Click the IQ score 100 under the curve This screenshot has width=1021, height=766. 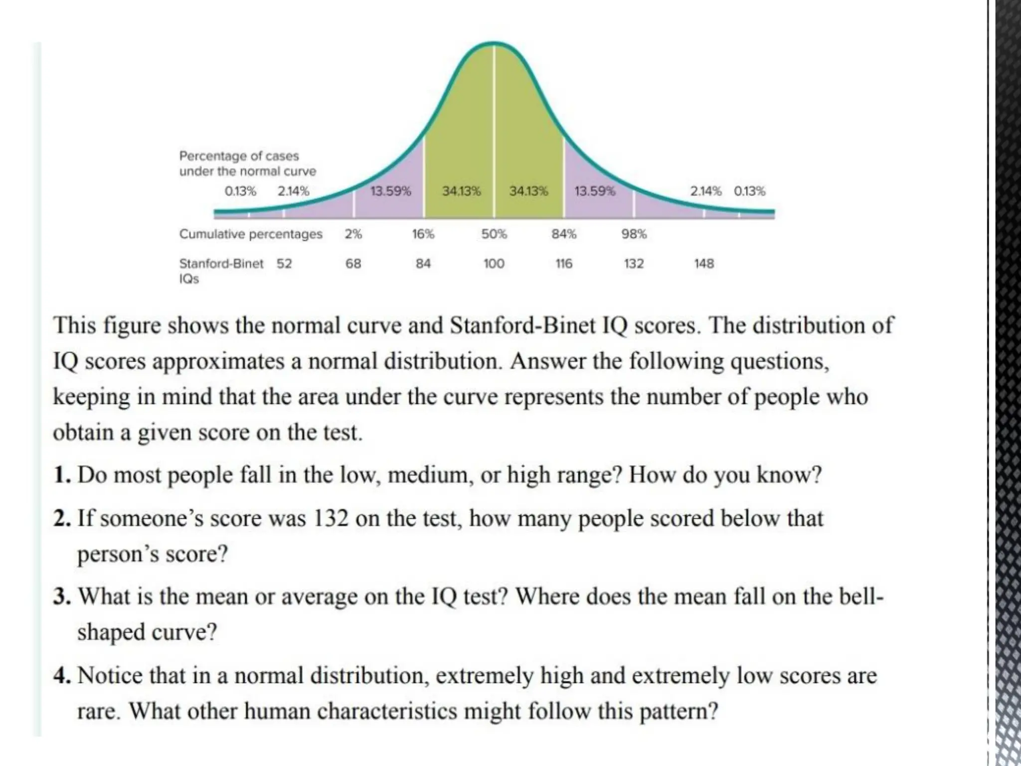494,263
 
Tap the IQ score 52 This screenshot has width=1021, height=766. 284,263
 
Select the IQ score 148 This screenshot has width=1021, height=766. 704,263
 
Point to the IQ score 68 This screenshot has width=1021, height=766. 353,263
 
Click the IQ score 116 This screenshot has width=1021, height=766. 564,263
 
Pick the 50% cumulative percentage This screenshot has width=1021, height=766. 494,234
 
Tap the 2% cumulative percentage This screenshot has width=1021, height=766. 353,234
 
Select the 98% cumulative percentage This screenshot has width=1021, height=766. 634,234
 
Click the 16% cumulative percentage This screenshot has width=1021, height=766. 423,234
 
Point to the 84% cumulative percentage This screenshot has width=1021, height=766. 564,234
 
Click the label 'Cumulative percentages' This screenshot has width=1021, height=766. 251,234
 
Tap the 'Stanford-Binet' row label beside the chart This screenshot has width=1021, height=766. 221,263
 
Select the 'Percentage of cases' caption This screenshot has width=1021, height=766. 239,156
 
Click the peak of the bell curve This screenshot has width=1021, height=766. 494,43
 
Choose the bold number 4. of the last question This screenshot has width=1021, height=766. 63,676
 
